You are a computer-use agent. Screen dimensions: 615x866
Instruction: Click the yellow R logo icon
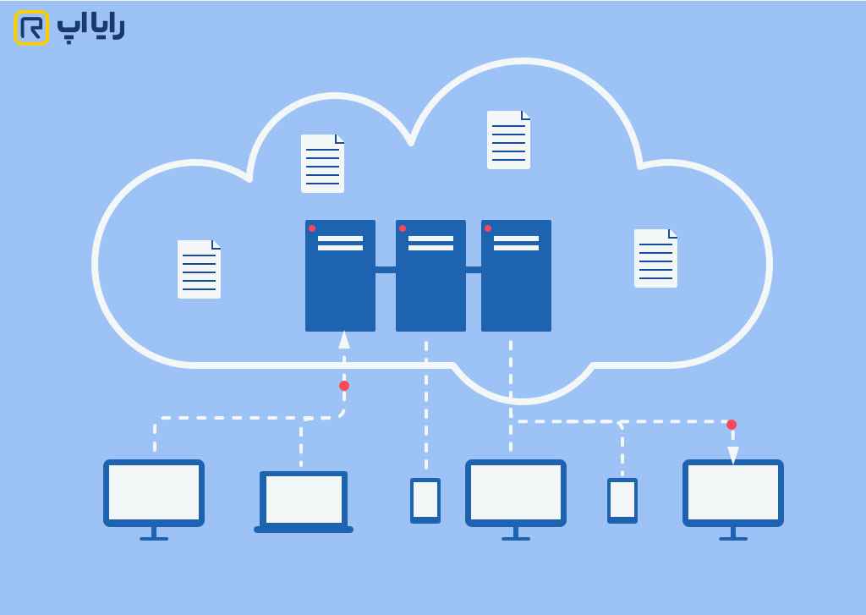coord(31,28)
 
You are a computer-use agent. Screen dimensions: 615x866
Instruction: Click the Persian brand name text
coord(90,26)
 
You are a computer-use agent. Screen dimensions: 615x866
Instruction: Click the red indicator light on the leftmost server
coord(312,228)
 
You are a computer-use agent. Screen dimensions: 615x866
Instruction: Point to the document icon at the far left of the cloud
coord(199,269)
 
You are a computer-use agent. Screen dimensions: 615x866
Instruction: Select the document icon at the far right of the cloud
coord(655,258)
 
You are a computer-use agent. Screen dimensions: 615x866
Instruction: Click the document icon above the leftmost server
coord(322,163)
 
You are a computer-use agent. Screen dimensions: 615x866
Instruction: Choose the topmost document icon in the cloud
coord(508,140)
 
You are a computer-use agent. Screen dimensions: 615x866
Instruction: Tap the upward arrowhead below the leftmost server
coord(344,339)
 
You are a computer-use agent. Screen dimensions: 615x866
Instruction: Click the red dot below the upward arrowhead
coord(344,386)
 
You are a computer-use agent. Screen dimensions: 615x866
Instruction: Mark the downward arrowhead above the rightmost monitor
coord(733,454)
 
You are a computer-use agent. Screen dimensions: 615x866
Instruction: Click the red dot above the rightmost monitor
coord(732,425)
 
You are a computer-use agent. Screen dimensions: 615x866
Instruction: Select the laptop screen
coord(304,499)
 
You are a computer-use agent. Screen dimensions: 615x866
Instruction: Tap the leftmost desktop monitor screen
coord(154,492)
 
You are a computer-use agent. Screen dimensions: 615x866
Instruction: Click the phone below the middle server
coord(425,500)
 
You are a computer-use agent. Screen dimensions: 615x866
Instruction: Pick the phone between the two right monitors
coord(622,500)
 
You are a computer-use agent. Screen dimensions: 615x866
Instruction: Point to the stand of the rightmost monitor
coord(733,534)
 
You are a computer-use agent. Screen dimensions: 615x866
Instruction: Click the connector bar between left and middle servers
coord(386,270)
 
